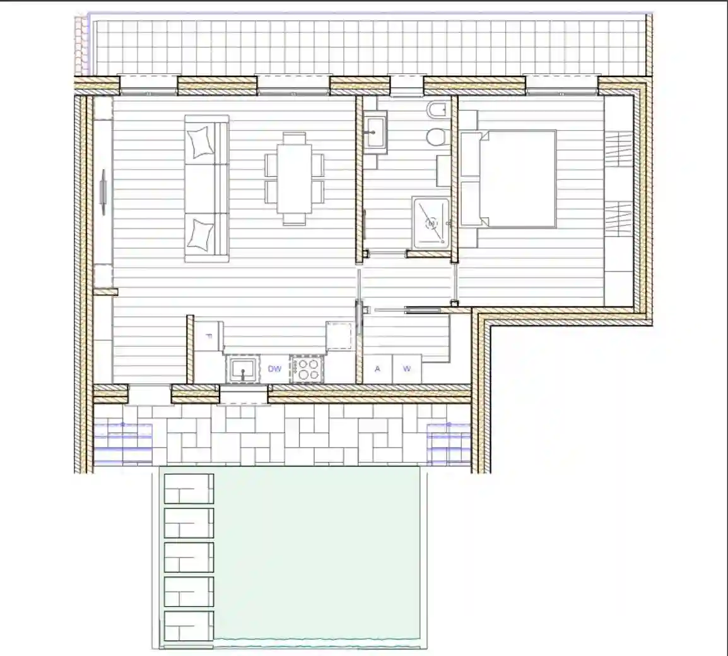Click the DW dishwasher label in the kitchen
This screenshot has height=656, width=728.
(274, 369)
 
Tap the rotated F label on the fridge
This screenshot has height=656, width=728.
(209, 337)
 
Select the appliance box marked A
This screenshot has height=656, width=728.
(377, 369)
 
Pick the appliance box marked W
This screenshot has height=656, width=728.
(407, 369)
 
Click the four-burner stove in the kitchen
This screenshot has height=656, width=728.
(307, 369)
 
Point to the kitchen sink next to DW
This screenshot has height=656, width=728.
(242, 369)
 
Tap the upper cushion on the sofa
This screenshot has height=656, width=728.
(201, 142)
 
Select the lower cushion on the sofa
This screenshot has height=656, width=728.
(201, 234)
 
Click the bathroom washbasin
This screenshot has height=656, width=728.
(375, 133)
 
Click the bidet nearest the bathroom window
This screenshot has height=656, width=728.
(436, 111)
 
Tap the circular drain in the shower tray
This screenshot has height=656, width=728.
(432, 223)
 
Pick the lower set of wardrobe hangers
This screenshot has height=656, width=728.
(619, 218)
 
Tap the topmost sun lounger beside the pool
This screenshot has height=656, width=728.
(189, 488)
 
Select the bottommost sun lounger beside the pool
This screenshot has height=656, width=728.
(189, 626)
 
